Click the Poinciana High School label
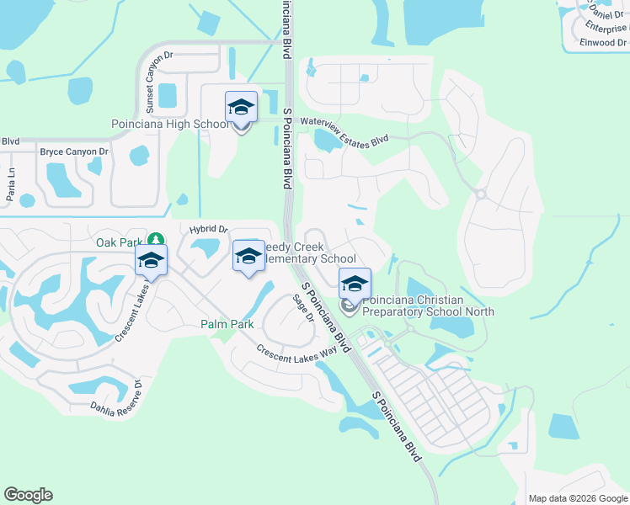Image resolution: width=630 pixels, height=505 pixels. (x=169, y=125)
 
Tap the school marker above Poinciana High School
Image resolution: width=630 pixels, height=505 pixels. (x=241, y=108)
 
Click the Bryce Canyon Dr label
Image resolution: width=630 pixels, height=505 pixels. (x=74, y=151)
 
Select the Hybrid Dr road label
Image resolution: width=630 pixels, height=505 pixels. (x=209, y=229)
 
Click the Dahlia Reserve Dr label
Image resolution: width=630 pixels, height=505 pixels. (x=117, y=401)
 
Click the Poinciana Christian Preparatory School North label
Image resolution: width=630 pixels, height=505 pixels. (x=428, y=305)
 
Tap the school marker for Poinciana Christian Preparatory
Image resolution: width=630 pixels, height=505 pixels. (x=355, y=284)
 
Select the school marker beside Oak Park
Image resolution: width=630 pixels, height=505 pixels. (x=151, y=261)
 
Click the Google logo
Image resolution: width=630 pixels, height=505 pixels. (x=28, y=495)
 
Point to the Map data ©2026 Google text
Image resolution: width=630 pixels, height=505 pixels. (x=577, y=498)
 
